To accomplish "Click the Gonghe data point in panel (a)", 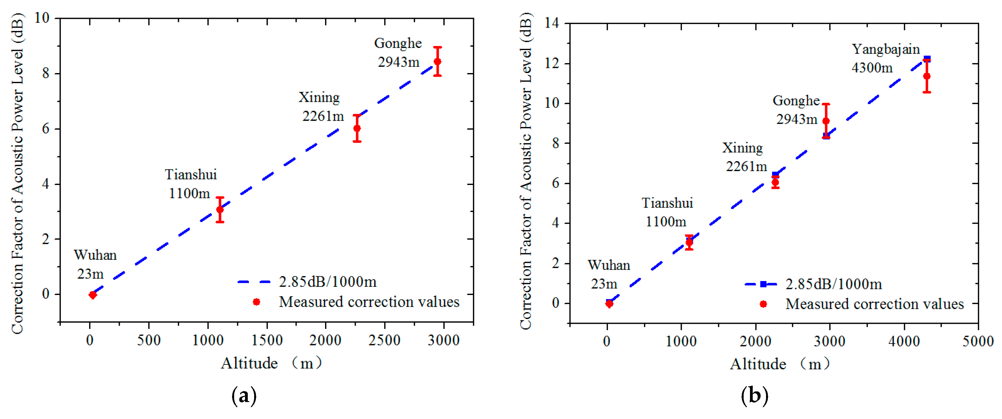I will (437, 62).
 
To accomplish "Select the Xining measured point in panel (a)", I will (357, 128).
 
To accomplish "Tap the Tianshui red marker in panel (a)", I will (220, 209).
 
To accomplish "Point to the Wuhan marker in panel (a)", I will (92, 294).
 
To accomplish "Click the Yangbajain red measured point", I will (926, 76).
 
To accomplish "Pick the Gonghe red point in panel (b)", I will (826, 121).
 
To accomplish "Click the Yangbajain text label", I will (885, 49).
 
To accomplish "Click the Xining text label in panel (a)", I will (319, 97).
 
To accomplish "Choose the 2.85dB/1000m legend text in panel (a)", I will (328, 282).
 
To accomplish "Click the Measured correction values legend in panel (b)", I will (874, 304).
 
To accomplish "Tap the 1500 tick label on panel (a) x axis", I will (267, 340).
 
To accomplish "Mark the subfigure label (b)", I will (754, 396).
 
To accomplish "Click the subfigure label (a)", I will (244, 396).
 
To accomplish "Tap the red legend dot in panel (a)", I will (256, 302).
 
